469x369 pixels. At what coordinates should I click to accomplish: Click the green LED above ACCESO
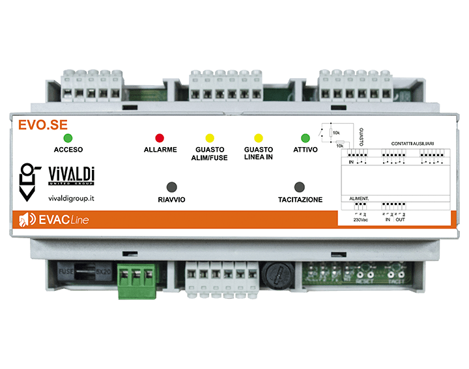68,138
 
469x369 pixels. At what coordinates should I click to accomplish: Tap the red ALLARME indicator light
160,138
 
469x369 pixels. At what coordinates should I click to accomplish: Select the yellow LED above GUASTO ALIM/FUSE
210,138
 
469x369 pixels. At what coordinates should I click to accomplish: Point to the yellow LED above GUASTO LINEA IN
258,138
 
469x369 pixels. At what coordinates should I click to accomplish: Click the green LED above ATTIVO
305,138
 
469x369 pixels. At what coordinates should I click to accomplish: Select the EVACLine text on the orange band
64,221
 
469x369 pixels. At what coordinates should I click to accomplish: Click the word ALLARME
160,150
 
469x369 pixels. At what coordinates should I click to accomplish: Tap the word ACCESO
68,150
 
